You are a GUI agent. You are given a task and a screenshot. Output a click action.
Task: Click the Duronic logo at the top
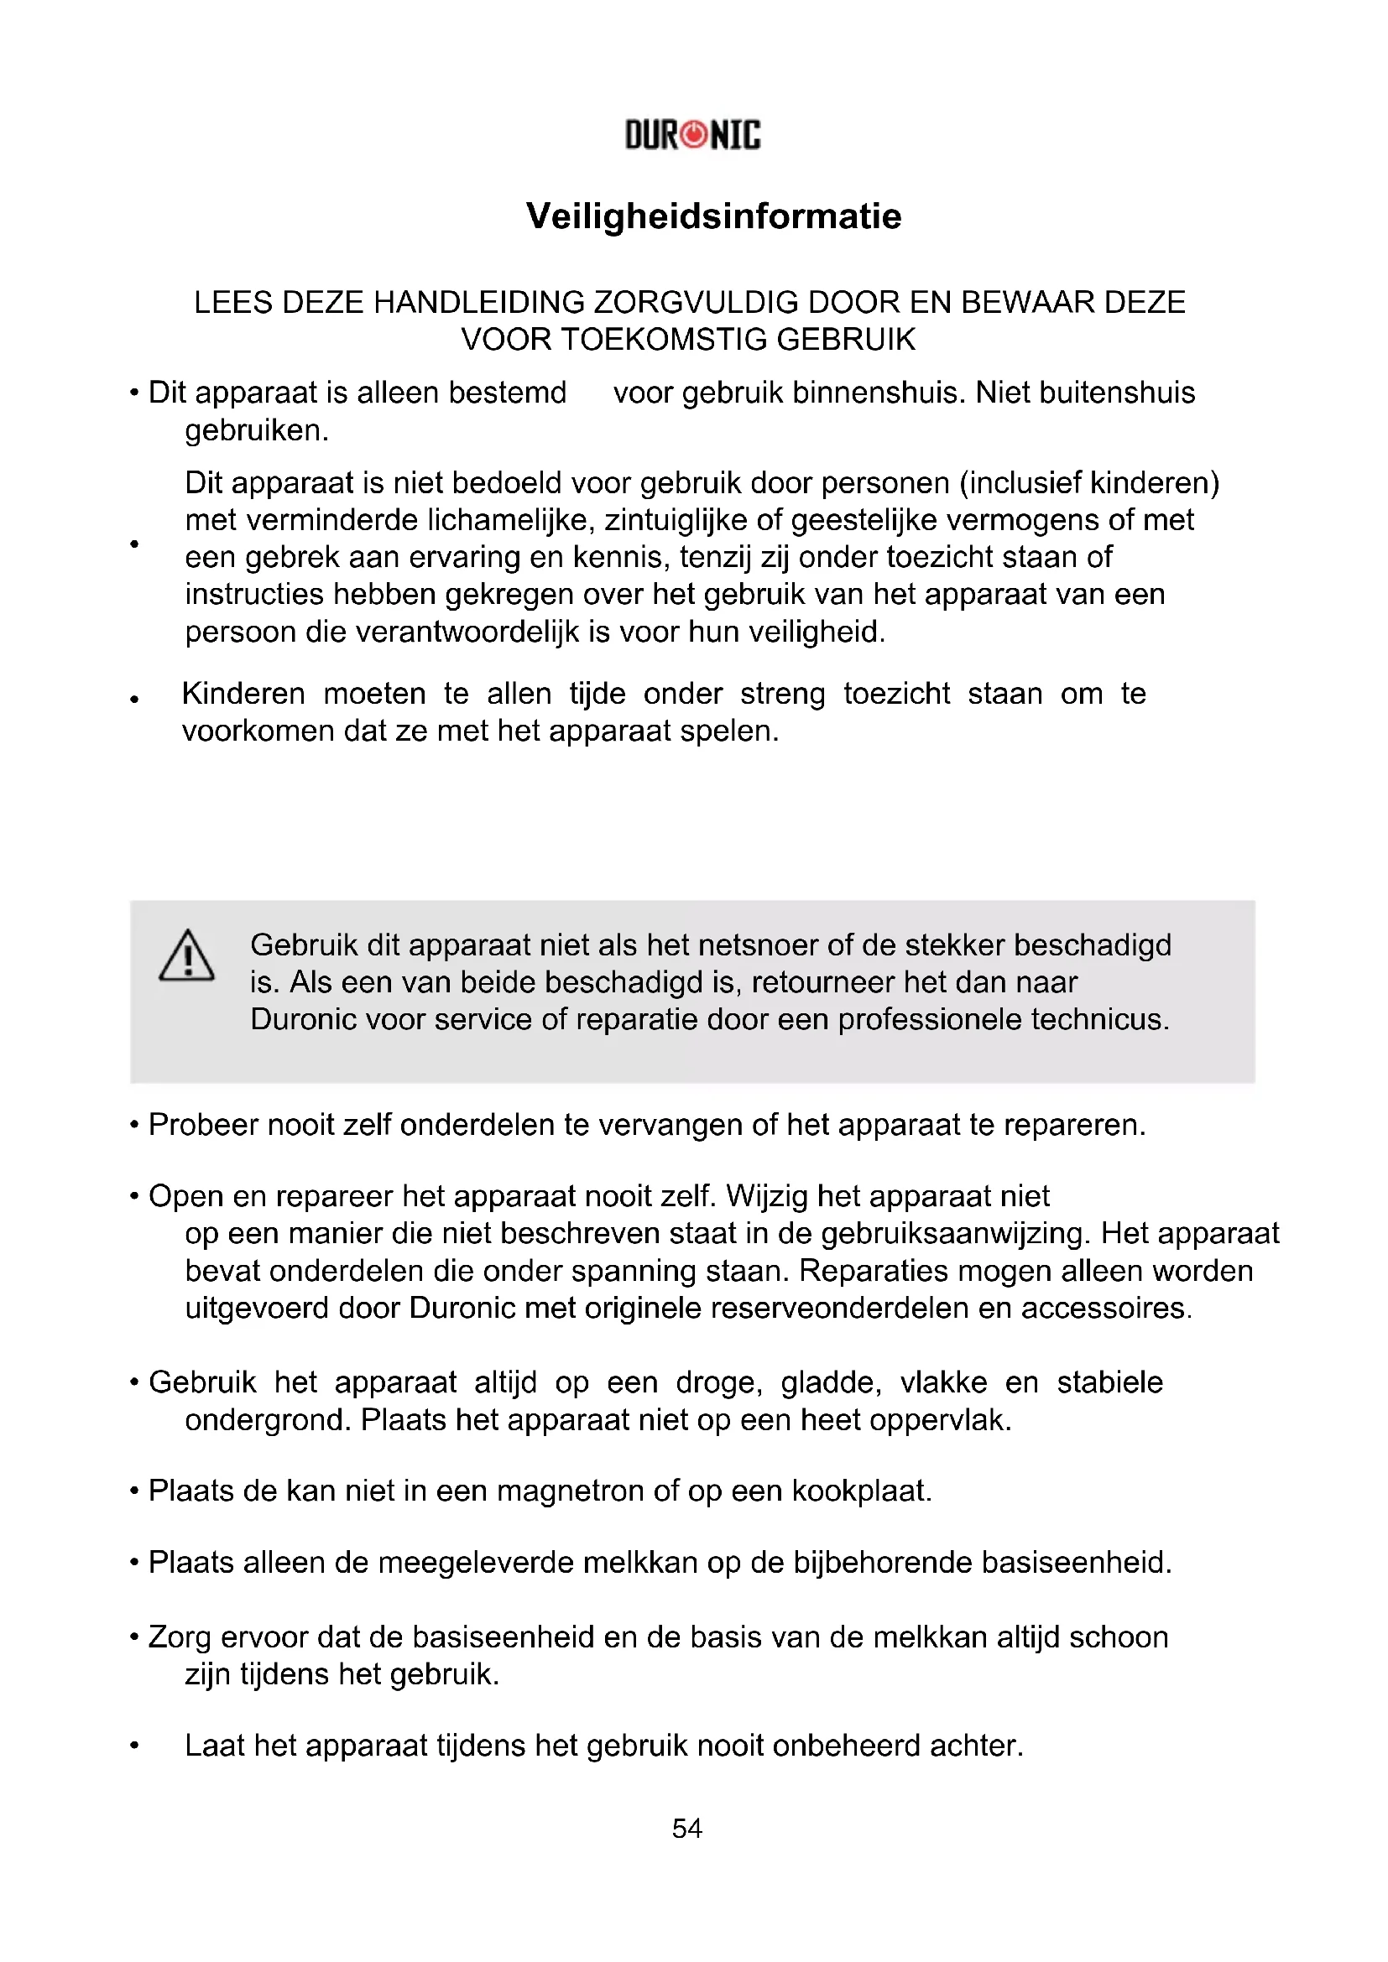coord(692,135)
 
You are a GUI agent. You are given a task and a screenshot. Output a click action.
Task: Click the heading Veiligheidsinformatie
coord(713,216)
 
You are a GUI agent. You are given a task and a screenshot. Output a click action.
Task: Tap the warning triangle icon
coord(186,955)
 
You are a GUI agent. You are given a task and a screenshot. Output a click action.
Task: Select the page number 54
coord(687,1828)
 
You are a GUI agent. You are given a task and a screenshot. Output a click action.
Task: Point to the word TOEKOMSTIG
coord(664,340)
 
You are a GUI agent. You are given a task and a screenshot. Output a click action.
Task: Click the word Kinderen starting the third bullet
coord(243,694)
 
